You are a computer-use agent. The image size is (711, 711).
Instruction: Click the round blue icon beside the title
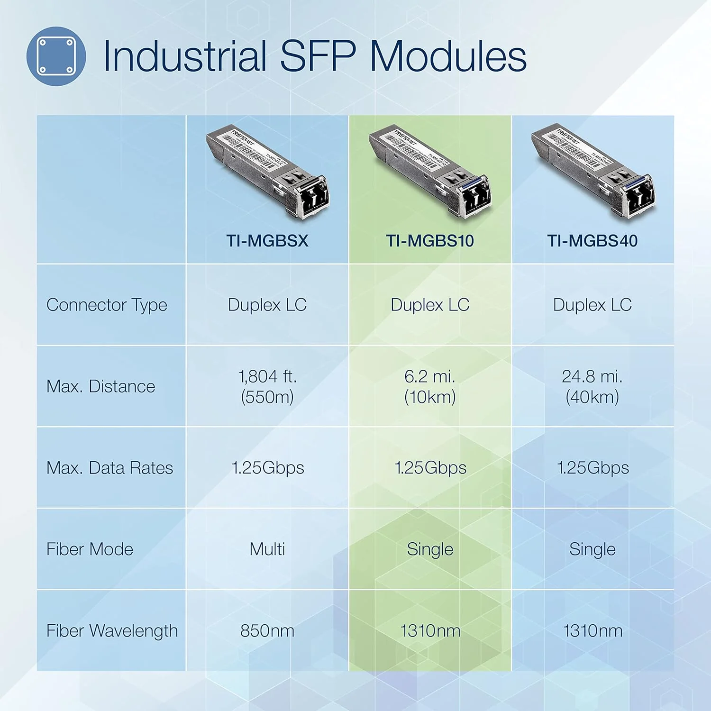(x=56, y=56)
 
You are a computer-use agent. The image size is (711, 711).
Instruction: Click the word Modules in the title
(x=447, y=56)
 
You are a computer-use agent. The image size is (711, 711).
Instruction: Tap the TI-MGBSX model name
(x=267, y=241)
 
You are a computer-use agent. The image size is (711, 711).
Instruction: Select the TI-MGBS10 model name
(x=430, y=241)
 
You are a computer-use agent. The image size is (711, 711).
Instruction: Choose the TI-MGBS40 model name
(x=592, y=241)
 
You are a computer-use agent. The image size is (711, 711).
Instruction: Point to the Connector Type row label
(x=107, y=305)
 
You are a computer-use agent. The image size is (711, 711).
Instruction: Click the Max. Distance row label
(x=100, y=386)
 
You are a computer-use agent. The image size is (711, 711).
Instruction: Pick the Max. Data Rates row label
(x=109, y=468)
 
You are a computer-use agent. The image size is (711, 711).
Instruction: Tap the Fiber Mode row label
(x=90, y=549)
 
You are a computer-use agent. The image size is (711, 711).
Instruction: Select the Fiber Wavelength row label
(x=112, y=631)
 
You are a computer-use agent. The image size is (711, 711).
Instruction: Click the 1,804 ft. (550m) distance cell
(x=267, y=386)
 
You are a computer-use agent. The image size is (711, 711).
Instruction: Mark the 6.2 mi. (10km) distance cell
(x=430, y=386)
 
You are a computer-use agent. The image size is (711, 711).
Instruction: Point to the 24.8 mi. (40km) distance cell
(x=592, y=386)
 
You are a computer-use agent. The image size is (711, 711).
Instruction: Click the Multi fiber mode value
(x=267, y=549)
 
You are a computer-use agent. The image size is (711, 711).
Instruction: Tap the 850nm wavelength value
(x=267, y=631)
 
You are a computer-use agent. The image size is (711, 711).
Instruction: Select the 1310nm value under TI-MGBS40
(x=592, y=631)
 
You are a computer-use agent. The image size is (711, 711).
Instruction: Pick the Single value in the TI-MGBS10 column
(x=430, y=549)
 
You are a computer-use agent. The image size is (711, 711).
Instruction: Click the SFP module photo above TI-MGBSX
(x=268, y=173)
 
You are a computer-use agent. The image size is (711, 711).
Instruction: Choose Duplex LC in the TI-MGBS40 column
(x=592, y=305)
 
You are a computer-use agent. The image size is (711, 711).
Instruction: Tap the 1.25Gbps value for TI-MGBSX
(x=268, y=468)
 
